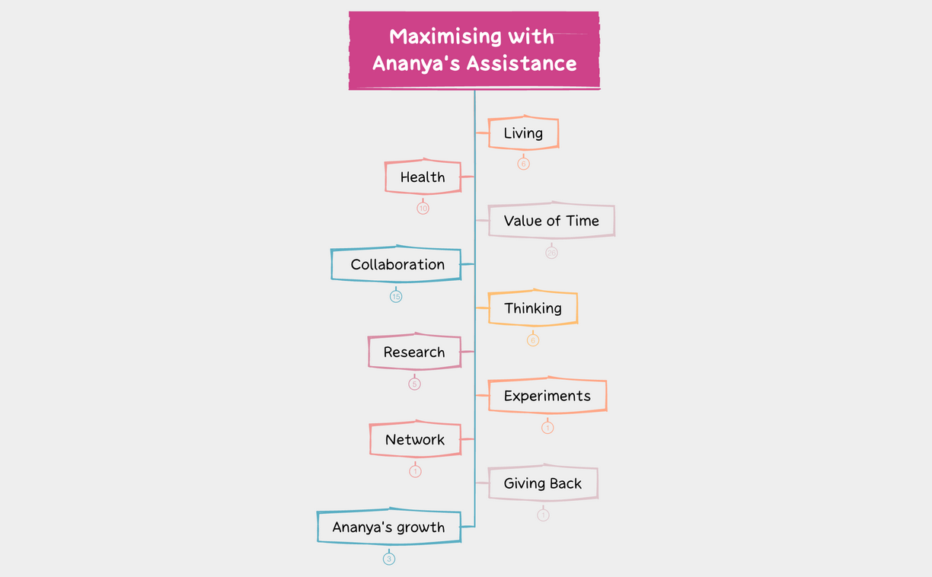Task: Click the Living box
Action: (523, 133)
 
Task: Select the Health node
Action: (423, 177)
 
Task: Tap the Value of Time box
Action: (551, 221)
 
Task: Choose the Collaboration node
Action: (397, 264)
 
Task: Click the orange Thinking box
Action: (532, 308)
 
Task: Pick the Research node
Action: (414, 352)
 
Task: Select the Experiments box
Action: (547, 396)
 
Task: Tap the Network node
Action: (415, 439)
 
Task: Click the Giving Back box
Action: (542, 483)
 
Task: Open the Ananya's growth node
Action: (388, 527)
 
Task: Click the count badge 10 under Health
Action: (423, 209)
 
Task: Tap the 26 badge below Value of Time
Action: (551, 253)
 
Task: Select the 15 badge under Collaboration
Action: (396, 296)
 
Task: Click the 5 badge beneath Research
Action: (414, 384)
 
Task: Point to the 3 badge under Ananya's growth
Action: (389, 559)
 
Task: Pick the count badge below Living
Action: (523, 164)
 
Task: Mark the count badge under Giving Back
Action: (543, 515)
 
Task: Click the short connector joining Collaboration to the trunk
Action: (468, 264)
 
